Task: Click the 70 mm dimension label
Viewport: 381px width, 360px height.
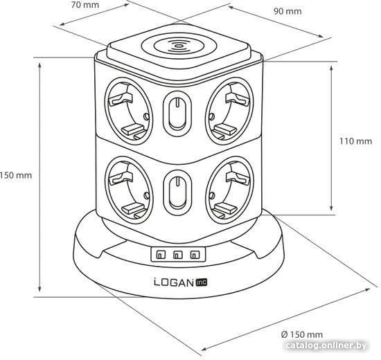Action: [85, 5]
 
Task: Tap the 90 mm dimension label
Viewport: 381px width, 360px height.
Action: [287, 11]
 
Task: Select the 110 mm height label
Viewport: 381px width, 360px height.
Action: [355, 141]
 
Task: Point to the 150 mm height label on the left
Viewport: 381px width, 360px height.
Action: [16, 175]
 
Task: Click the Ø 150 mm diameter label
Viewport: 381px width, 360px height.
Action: [302, 334]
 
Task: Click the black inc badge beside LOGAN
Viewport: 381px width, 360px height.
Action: [202, 282]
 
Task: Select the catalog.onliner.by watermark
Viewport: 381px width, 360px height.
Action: [326, 345]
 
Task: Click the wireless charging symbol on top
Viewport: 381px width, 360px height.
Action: [179, 46]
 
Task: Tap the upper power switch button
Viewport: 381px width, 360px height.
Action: [177, 114]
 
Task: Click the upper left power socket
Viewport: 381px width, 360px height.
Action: [129, 111]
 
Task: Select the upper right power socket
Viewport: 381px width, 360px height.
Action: [229, 111]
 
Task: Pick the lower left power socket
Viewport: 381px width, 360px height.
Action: [129, 190]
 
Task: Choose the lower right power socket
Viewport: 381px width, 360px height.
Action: [230, 190]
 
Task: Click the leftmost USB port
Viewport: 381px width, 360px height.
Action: [161, 255]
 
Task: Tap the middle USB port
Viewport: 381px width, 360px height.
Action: [178, 255]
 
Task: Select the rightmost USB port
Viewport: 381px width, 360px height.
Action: [195, 255]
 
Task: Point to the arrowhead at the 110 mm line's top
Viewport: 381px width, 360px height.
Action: [331, 69]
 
